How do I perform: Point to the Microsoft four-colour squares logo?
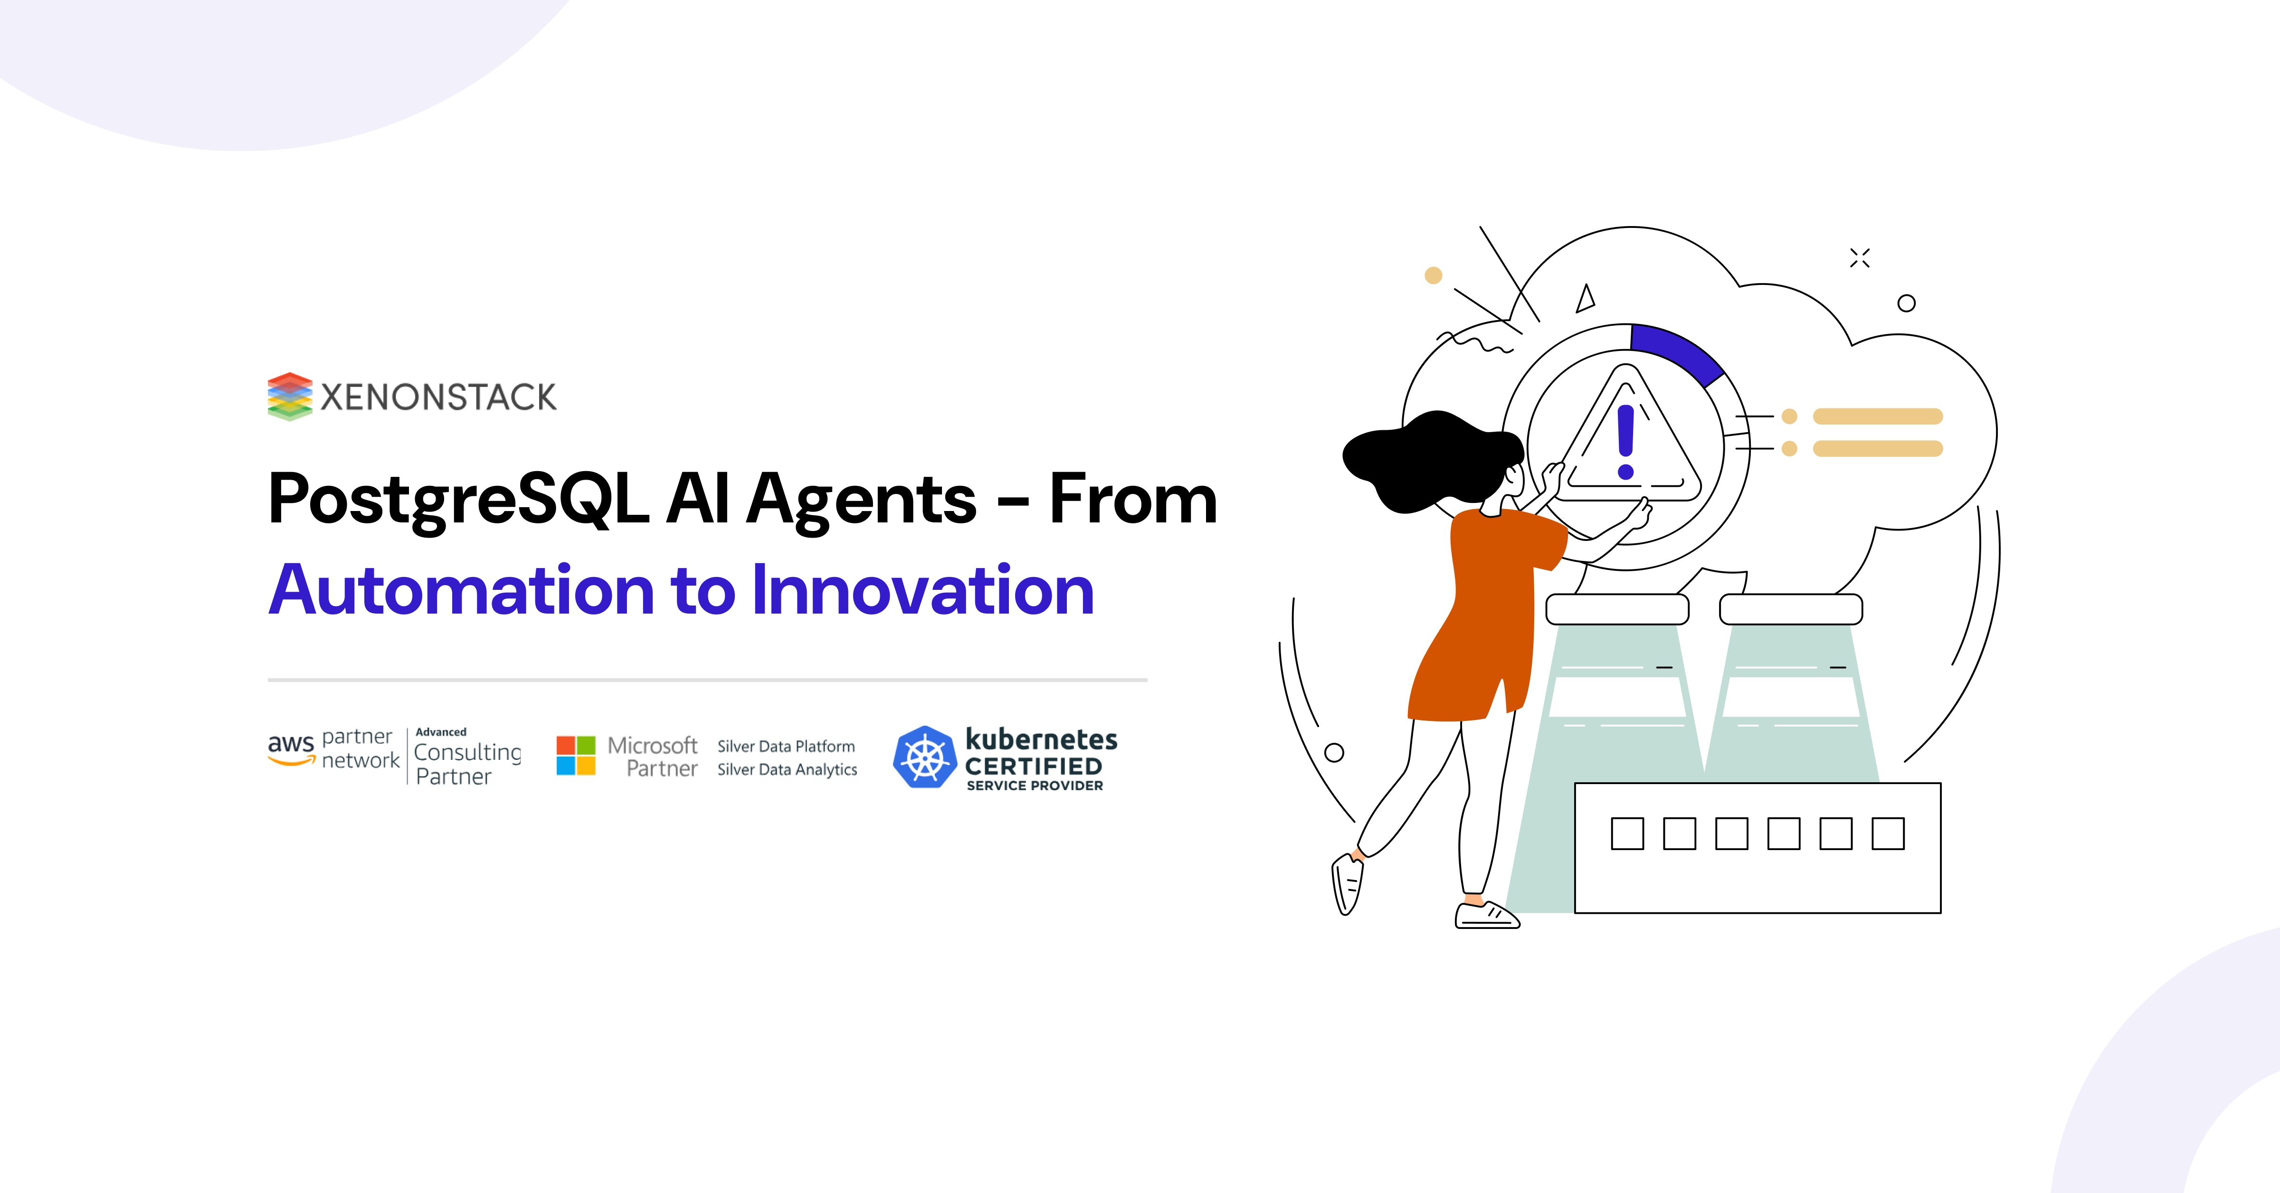coord(575,756)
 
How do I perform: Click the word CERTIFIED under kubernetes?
coord(1033,767)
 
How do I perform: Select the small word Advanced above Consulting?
coord(441,732)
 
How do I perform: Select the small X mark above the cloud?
coord(1860,257)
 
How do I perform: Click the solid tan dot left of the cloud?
coord(1433,275)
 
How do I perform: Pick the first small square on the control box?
coord(1627,833)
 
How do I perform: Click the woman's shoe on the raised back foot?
coord(1347,885)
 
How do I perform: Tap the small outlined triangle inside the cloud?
coord(1585,299)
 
